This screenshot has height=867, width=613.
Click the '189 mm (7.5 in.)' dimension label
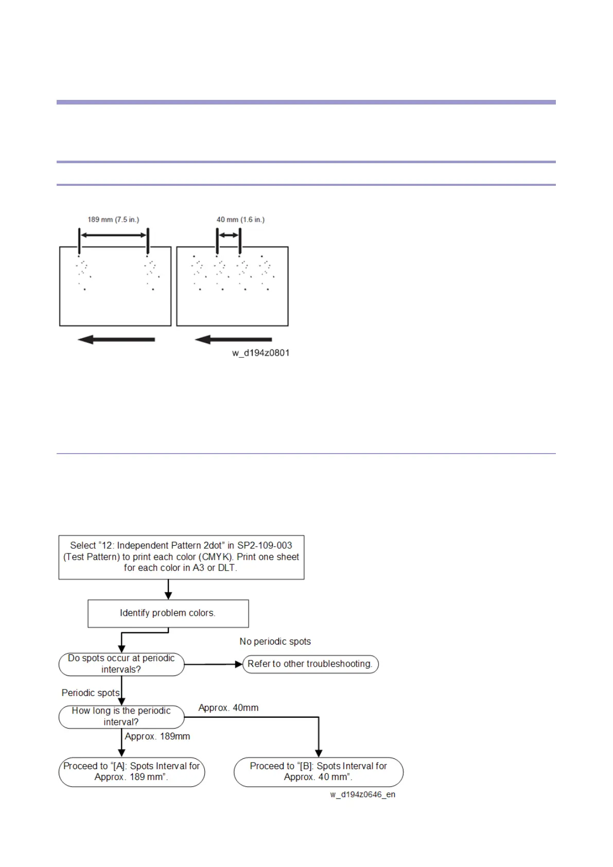pyautogui.click(x=113, y=219)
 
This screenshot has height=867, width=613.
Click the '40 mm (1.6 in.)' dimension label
pyautogui.click(x=240, y=219)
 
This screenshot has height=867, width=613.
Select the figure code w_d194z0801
pyautogui.click(x=260, y=353)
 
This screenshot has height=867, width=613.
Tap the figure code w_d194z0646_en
pyautogui.click(x=362, y=794)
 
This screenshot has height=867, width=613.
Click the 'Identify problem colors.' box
pyautogui.click(x=168, y=613)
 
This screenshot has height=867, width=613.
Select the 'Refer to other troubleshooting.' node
pyautogui.click(x=310, y=664)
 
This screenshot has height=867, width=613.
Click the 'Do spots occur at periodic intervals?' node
pyautogui.click(x=121, y=664)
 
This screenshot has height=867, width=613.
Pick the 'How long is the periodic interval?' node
pyautogui.click(x=121, y=716)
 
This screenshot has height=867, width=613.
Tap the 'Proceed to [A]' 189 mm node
pyautogui.click(x=132, y=771)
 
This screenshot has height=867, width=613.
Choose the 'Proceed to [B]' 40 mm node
pyautogui.click(x=319, y=771)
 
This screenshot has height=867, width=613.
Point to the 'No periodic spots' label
pyautogui.click(x=275, y=641)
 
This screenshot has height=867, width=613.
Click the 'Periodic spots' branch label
pyautogui.click(x=91, y=693)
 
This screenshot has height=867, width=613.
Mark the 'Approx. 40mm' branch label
pyautogui.click(x=229, y=708)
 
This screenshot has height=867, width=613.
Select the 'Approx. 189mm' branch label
pyautogui.click(x=157, y=736)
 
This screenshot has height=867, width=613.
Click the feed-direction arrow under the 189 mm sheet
pyautogui.click(x=116, y=339)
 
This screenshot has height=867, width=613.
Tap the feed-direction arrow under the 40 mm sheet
pyautogui.click(x=233, y=339)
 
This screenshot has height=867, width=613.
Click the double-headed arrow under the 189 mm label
pyautogui.click(x=113, y=235)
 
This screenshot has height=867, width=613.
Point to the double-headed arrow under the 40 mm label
pyautogui.click(x=229, y=235)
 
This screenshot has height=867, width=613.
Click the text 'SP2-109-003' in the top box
pyautogui.click(x=265, y=545)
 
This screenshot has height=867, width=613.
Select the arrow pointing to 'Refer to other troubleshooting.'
pyautogui.click(x=213, y=664)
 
